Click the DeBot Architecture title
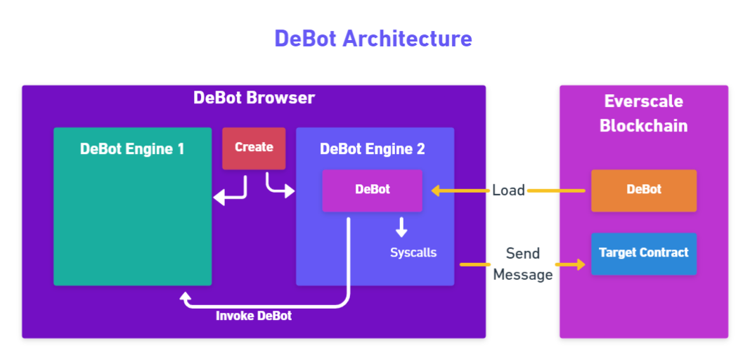point(373,38)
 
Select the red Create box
point(254,148)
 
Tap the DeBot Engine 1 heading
point(132,149)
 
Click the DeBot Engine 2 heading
point(373,149)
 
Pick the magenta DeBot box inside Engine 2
point(373,190)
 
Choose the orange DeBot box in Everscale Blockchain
point(644,190)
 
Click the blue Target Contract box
point(644,253)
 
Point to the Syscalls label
point(413,252)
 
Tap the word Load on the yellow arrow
point(508,190)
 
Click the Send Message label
point(522,264)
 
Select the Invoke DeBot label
point(254,316)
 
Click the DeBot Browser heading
point(254,98)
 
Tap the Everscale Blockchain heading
point(643,113)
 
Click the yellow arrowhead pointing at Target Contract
point(580,264)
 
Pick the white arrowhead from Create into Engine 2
point(289,191)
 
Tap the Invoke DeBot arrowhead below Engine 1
point(186,297)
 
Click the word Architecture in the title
point(407,38)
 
